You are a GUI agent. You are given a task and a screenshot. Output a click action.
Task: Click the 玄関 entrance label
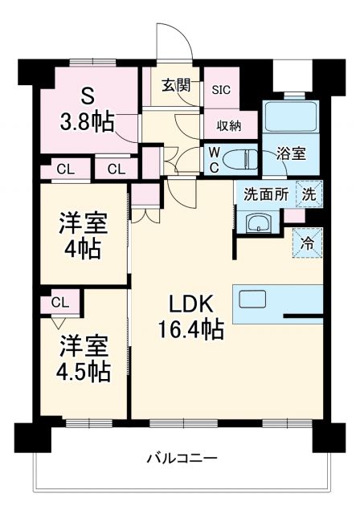175,86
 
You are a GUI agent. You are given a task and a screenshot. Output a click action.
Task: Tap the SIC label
221,89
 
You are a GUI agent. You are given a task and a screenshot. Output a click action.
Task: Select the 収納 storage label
227,124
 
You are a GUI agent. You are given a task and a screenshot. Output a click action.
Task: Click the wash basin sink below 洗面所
257,222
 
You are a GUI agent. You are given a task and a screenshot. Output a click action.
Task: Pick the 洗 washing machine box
309,193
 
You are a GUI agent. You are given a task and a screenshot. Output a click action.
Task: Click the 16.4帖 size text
190,329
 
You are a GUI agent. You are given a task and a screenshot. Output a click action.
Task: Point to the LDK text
190,304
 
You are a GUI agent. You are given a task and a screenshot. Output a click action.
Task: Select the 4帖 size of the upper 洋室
83,248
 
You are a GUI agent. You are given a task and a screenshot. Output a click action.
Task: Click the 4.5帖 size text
83,371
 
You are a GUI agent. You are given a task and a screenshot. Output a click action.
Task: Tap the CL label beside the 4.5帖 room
59,302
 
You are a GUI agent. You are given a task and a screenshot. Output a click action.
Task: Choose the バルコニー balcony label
182,459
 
